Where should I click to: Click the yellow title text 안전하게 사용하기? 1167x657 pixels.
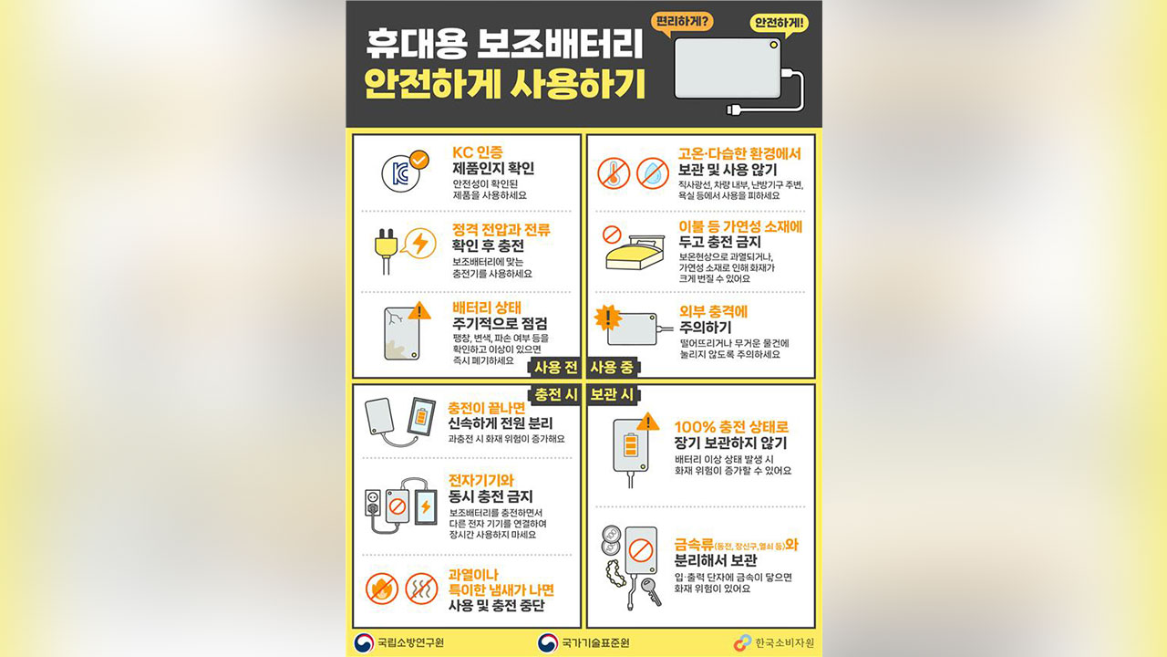(x=504, y=85)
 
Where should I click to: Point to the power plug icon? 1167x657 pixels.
(x=387, y=245)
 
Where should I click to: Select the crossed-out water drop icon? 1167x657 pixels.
(x=650, y=172)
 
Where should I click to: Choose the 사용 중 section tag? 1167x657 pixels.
(x=612, y=367)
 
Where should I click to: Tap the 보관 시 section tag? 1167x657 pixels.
(x=612, y=395)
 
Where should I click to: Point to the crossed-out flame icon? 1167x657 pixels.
(x=381, y=589)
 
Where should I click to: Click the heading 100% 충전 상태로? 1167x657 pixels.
(x=731, y=426)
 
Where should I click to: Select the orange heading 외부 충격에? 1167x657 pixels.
(x=714, y=311)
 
